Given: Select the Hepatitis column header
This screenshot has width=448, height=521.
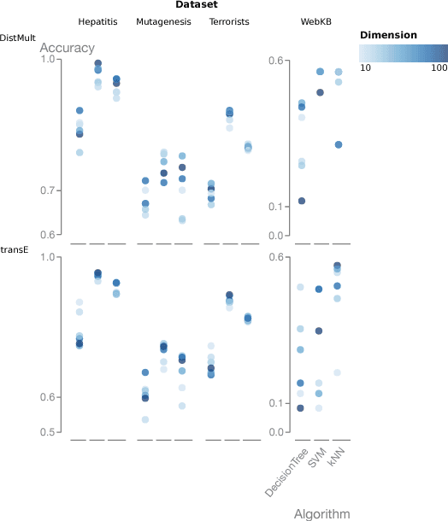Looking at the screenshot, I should click(x=98, y=20).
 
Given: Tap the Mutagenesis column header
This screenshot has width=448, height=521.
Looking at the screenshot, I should click(x=163, y=20).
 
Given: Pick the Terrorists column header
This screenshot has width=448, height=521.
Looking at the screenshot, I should click(x=229, y=20).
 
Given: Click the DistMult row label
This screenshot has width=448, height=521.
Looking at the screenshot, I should click(x=18, y=38).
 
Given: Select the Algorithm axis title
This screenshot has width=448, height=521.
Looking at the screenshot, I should click(x=321, y=514).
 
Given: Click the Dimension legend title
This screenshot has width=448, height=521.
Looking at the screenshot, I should click(x=388, y=35).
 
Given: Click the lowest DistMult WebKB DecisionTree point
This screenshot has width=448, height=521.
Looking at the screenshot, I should click(x=300, y=201).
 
